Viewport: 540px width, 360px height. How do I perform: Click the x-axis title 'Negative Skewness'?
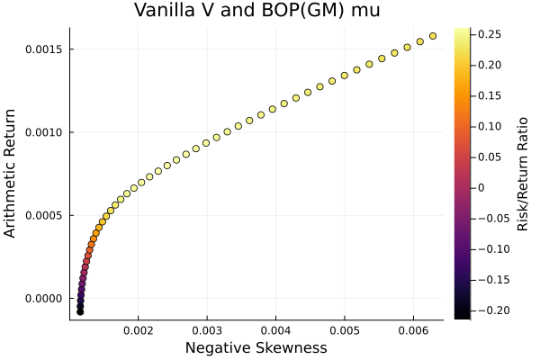[256, 347]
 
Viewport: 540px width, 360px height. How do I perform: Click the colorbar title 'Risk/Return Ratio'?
[523, 173]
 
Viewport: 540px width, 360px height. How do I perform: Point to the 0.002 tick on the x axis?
[138, 329]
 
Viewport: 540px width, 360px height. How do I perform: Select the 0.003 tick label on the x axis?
[207, 329]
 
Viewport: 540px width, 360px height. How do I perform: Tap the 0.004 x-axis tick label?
[275, 329]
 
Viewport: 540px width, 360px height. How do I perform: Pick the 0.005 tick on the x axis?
[345, 329]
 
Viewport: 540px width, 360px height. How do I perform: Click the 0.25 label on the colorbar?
[489, 33]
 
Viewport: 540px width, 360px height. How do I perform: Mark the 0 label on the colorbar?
[481, 187]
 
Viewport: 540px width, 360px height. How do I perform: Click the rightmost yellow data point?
[433, 36]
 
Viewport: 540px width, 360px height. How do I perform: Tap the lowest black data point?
[80, 311]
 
